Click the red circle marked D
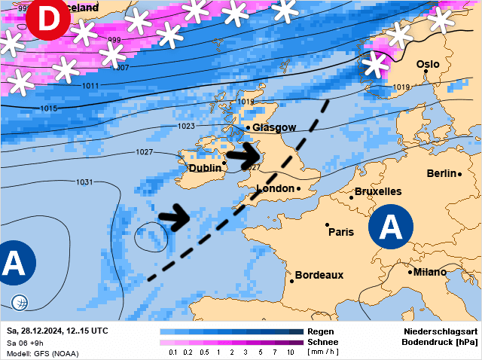[x=47, y=20]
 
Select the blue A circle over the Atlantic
[x=14, y=263]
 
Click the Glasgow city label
[x=274, y=128]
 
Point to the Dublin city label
[x=205, y=168]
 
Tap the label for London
[x=275, y=188]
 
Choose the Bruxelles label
[x=378, y=192]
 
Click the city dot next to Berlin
[x=459, y=174]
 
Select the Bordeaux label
[x=319, y=276]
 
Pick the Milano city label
[x=429, y=272]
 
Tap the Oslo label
[x=428, y=65]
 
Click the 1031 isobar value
[x=85, y=182]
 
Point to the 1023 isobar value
[x=187, y=126]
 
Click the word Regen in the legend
[x=321, y=331]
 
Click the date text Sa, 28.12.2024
[x=34, y=331]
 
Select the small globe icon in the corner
[x=20, y=303]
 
